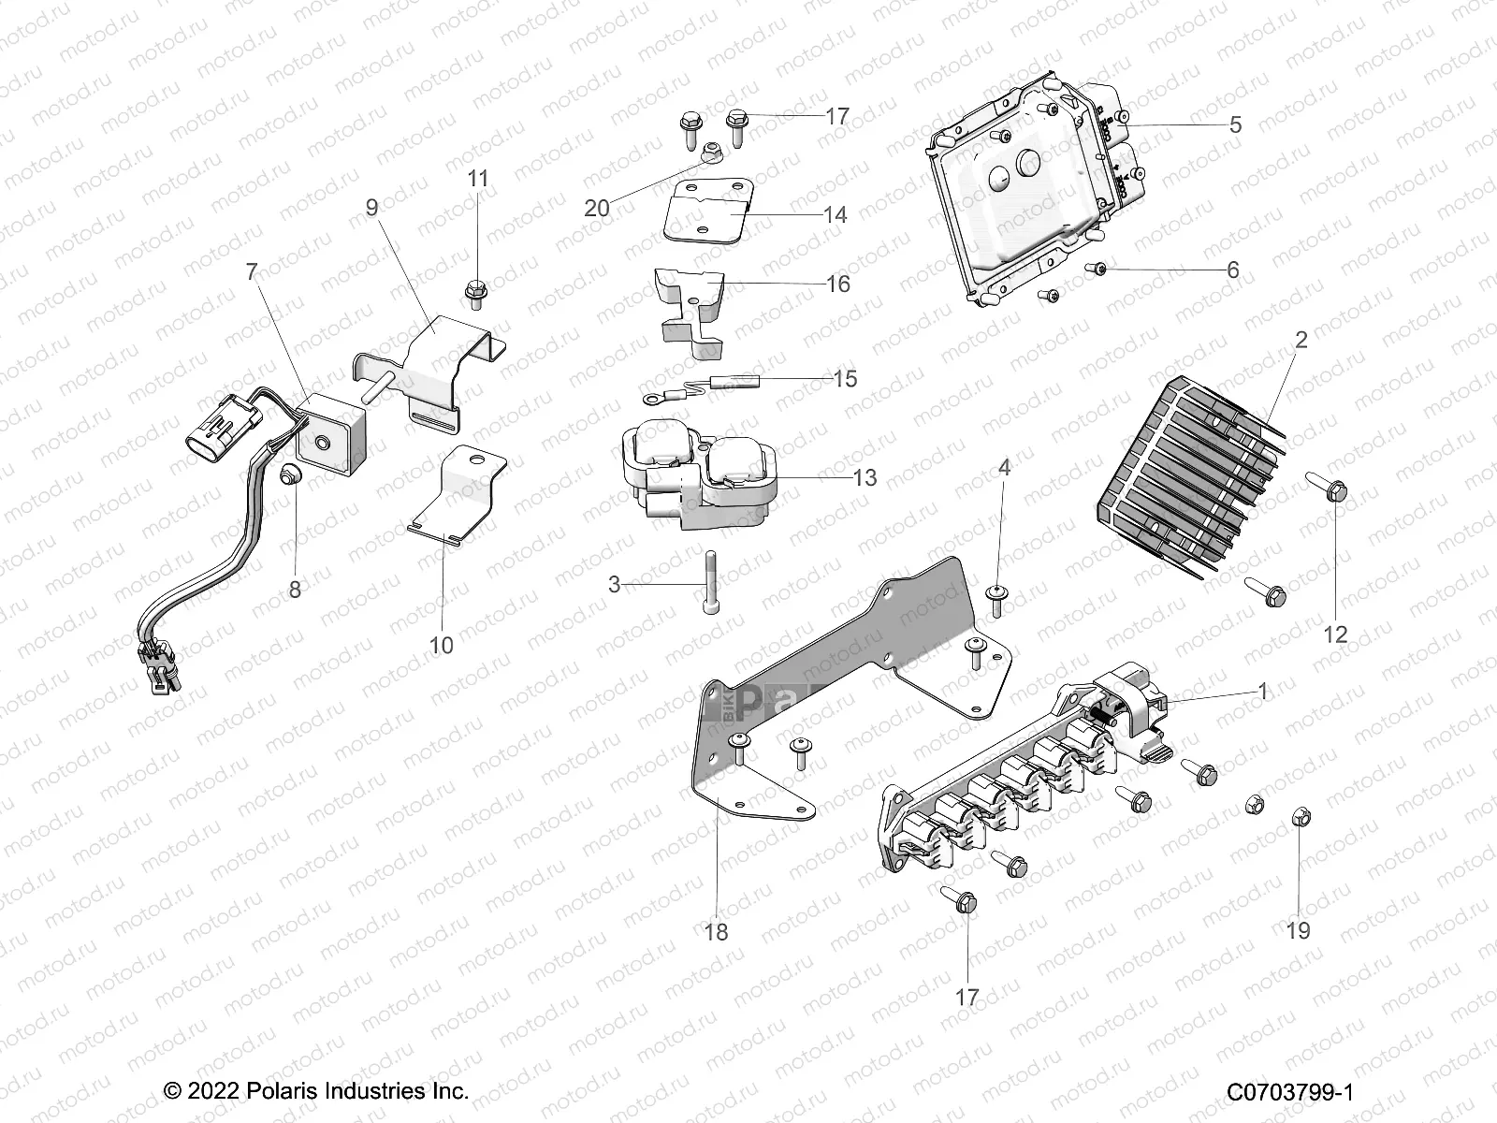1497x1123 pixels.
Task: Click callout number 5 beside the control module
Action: (1235, 124)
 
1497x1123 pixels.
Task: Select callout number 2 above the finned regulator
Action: (1301, 341)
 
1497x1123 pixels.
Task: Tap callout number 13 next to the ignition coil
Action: (865, 478)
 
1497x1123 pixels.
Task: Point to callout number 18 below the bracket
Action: (718, 932)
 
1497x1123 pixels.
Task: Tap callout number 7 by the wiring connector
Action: (251, 272)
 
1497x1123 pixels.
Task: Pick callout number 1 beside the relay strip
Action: (1263, 692)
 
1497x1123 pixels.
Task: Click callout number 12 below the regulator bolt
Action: (1335, 634)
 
